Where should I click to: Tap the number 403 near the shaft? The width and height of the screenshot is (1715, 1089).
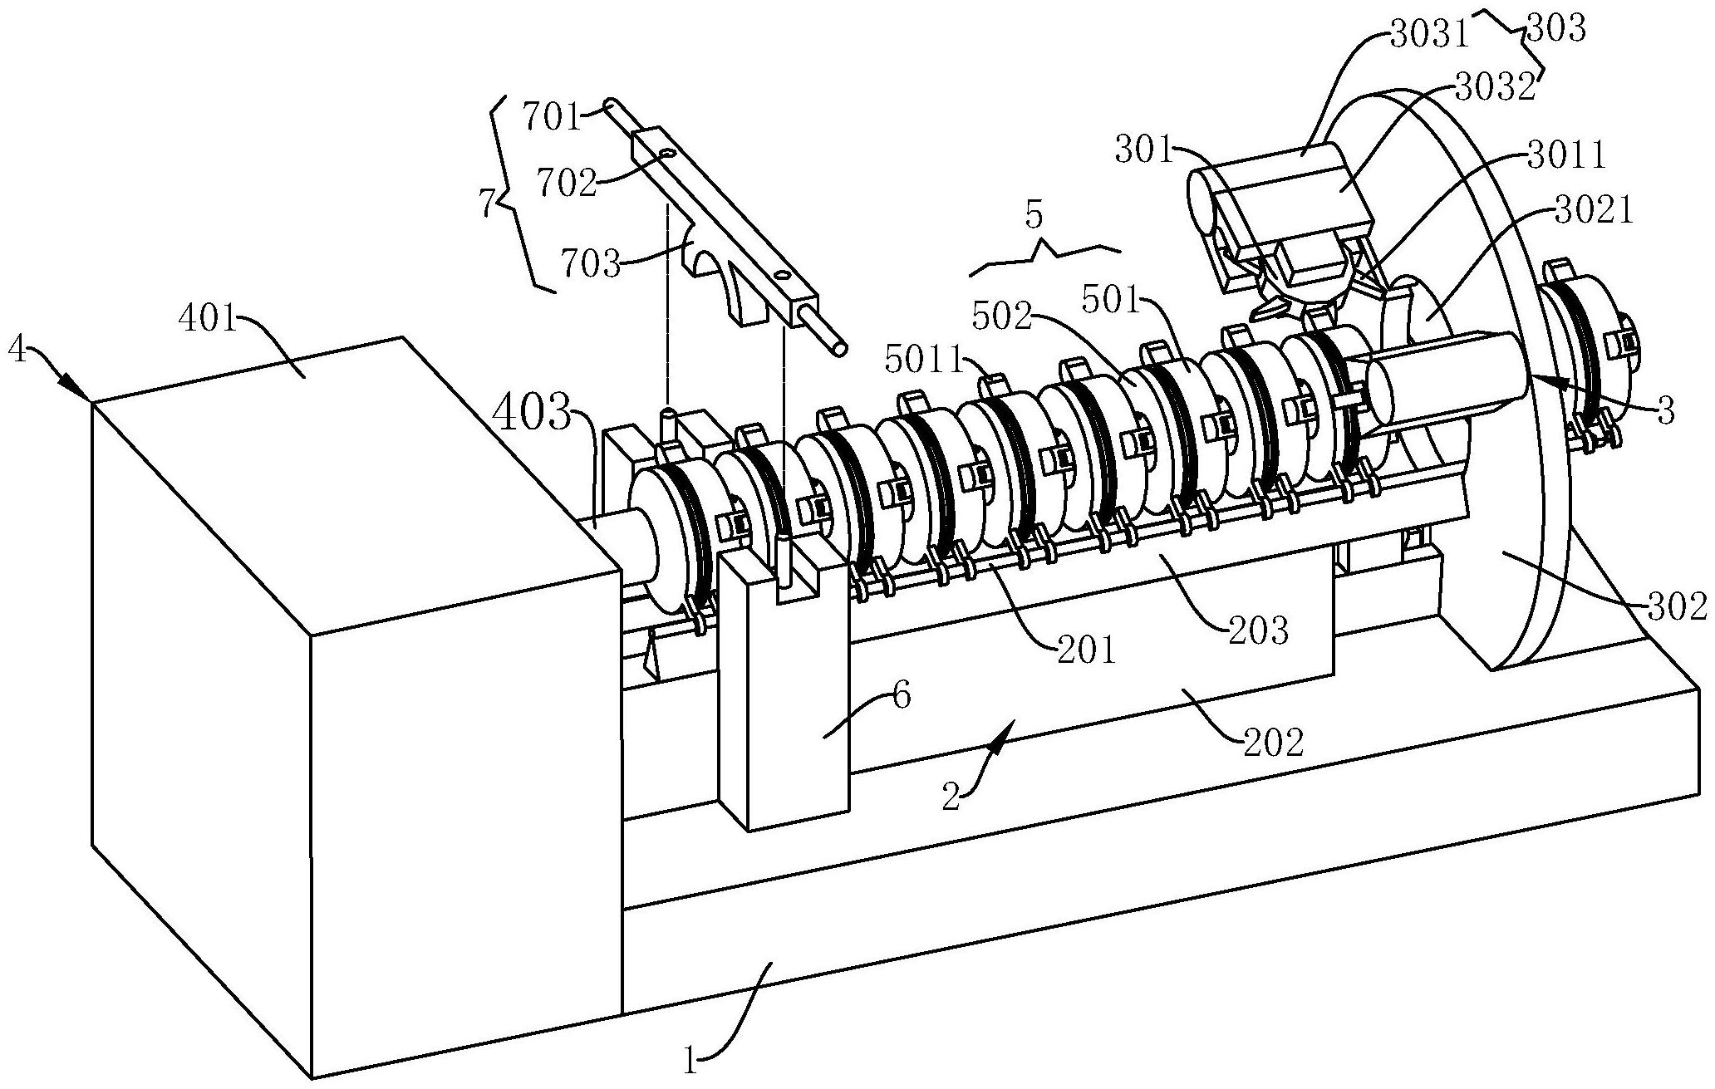pyautogui.click(x=533, y=414)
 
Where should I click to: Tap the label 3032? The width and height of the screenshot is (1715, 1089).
pyautogui.click(x=1493, y=89)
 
